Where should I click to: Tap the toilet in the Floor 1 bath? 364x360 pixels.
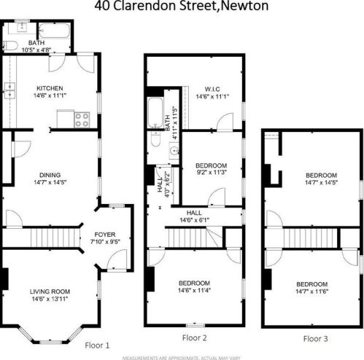click(10, 45)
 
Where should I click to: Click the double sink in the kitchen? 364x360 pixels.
click(9, 90)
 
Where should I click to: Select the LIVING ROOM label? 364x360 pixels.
click(49, 290)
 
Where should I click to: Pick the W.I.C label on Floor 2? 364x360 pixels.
click(204, 90)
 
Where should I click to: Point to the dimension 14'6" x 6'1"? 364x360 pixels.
click(194, 219)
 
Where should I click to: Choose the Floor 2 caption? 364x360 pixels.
click(194, 337)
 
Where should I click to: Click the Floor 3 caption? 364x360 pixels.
click(316, 338)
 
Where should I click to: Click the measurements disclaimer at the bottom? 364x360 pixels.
click(182, 357)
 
